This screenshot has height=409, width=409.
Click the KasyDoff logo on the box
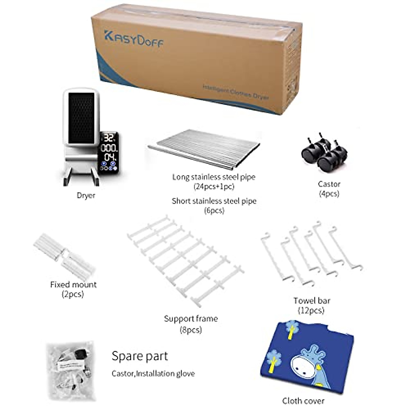coord(133,40)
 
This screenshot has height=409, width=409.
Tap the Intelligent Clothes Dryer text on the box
coord(236,92)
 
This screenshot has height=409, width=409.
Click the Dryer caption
coord(86,196)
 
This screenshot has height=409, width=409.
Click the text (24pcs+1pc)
coord(214,186)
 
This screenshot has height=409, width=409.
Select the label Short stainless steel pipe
coord(214,201)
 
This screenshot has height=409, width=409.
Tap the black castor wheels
coord(324,153)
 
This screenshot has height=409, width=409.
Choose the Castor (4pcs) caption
coord(329,188)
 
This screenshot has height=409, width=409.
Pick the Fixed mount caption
coord(73,285)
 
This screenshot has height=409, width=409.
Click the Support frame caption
coord(191,319)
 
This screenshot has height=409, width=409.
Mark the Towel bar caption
coord(312,301)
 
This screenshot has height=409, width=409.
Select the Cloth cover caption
coord(303,401)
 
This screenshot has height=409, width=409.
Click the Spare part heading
coord(140,356)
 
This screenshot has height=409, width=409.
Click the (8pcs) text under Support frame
coord(191,330)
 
